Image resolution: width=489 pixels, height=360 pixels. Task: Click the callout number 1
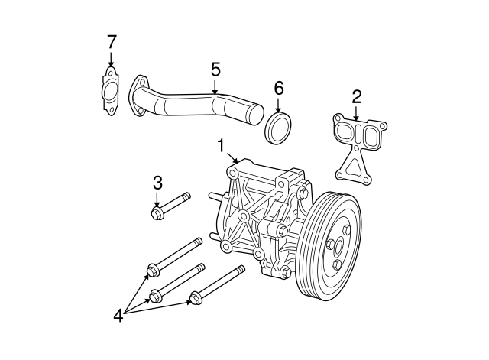click(x=221, y=144)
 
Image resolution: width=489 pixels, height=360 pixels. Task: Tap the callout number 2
click(x=356, y=96)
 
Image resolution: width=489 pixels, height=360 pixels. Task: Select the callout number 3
click(x=157, y=183)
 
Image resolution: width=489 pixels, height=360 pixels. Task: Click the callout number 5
click(x=215, y=70)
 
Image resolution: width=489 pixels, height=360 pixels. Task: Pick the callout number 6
click(x=278, y=89)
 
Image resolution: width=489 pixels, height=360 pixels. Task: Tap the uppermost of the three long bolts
click(x=175, y=256)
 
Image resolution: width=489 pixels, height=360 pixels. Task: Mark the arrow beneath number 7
click(x=111, y=59)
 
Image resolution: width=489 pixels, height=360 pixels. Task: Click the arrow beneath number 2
click(x=356, y=112)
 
